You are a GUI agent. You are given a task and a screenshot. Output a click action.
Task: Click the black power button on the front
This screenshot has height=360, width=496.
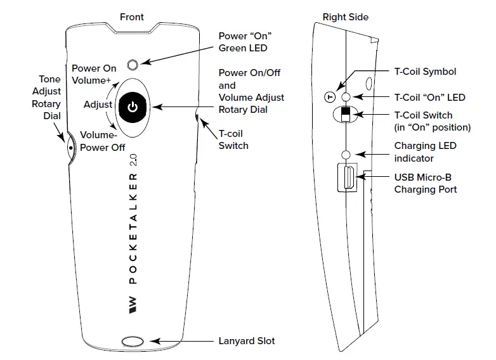click(x=132, y=107)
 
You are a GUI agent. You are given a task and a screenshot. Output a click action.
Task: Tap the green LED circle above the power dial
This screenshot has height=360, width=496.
click(x=132, y=64)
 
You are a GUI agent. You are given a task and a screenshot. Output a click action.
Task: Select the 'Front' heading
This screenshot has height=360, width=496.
click(x=132, y=17)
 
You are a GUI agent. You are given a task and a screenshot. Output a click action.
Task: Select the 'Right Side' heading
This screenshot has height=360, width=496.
click(x=346, y=17)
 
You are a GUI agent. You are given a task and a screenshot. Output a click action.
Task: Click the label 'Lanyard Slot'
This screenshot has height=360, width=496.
click(x=247, y=341)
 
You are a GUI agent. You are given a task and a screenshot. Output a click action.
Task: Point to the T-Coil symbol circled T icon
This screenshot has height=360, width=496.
click(x=329, y=97)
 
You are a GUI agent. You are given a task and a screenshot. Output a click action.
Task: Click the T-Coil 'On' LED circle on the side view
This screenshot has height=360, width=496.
click(x=346, y=97)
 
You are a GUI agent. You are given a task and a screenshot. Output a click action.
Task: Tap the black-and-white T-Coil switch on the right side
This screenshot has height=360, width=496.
click(x=346, y=115)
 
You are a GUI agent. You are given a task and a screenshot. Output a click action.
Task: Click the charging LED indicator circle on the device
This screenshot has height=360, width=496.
click(x=346, y=154)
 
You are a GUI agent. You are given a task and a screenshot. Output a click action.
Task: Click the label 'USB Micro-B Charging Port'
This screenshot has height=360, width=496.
click(x=426, y=183)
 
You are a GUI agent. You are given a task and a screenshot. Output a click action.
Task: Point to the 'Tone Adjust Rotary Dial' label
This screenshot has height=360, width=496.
click(x=46, y=97)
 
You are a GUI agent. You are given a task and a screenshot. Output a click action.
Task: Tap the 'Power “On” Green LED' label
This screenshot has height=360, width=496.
click(x=243, y=41)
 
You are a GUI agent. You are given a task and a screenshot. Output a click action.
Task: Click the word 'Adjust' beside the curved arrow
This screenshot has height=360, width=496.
click(x=98, y=104)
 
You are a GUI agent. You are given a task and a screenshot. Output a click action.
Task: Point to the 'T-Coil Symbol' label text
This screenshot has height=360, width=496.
click(x=426, y=72)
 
